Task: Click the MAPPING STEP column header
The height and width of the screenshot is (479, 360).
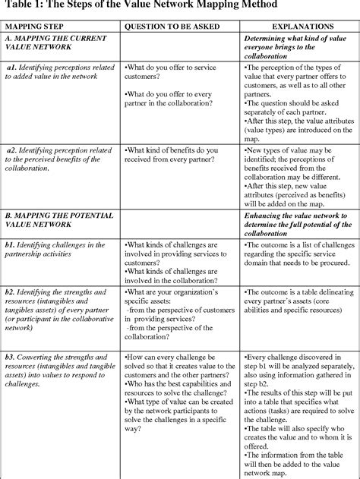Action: (37, 26)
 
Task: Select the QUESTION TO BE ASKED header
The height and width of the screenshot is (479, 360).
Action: (169, 26)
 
